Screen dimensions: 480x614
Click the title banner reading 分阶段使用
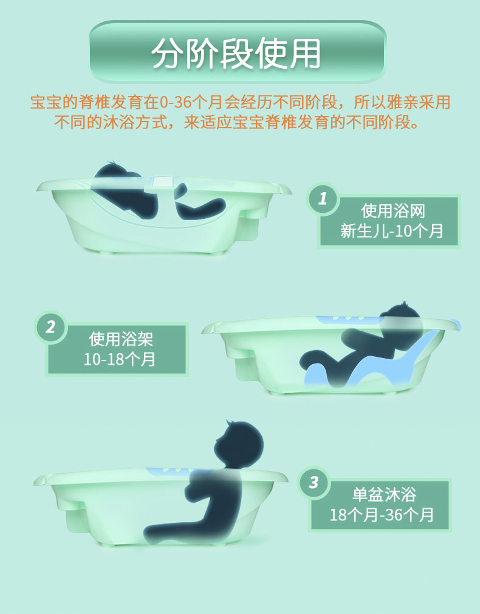[x=238, y=52]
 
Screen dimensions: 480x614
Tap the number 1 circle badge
[x=323, y=199]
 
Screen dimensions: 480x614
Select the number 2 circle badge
[x=51, y=327]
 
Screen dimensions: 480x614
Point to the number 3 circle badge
[x=314, y=483]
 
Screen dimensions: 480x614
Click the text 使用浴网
[x=393, y=211]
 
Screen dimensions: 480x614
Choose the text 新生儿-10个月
[x=391, y=231]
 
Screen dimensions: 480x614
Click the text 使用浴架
[x=121, y=339]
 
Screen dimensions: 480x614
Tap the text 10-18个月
[x=120, y=359]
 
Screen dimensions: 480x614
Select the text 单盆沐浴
[x=384, y=494]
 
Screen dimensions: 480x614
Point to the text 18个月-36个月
[x=382, y=514]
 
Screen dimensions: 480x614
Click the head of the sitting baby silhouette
[x=239, y=444]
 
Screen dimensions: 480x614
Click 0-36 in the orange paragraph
[x=176, y=103]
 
